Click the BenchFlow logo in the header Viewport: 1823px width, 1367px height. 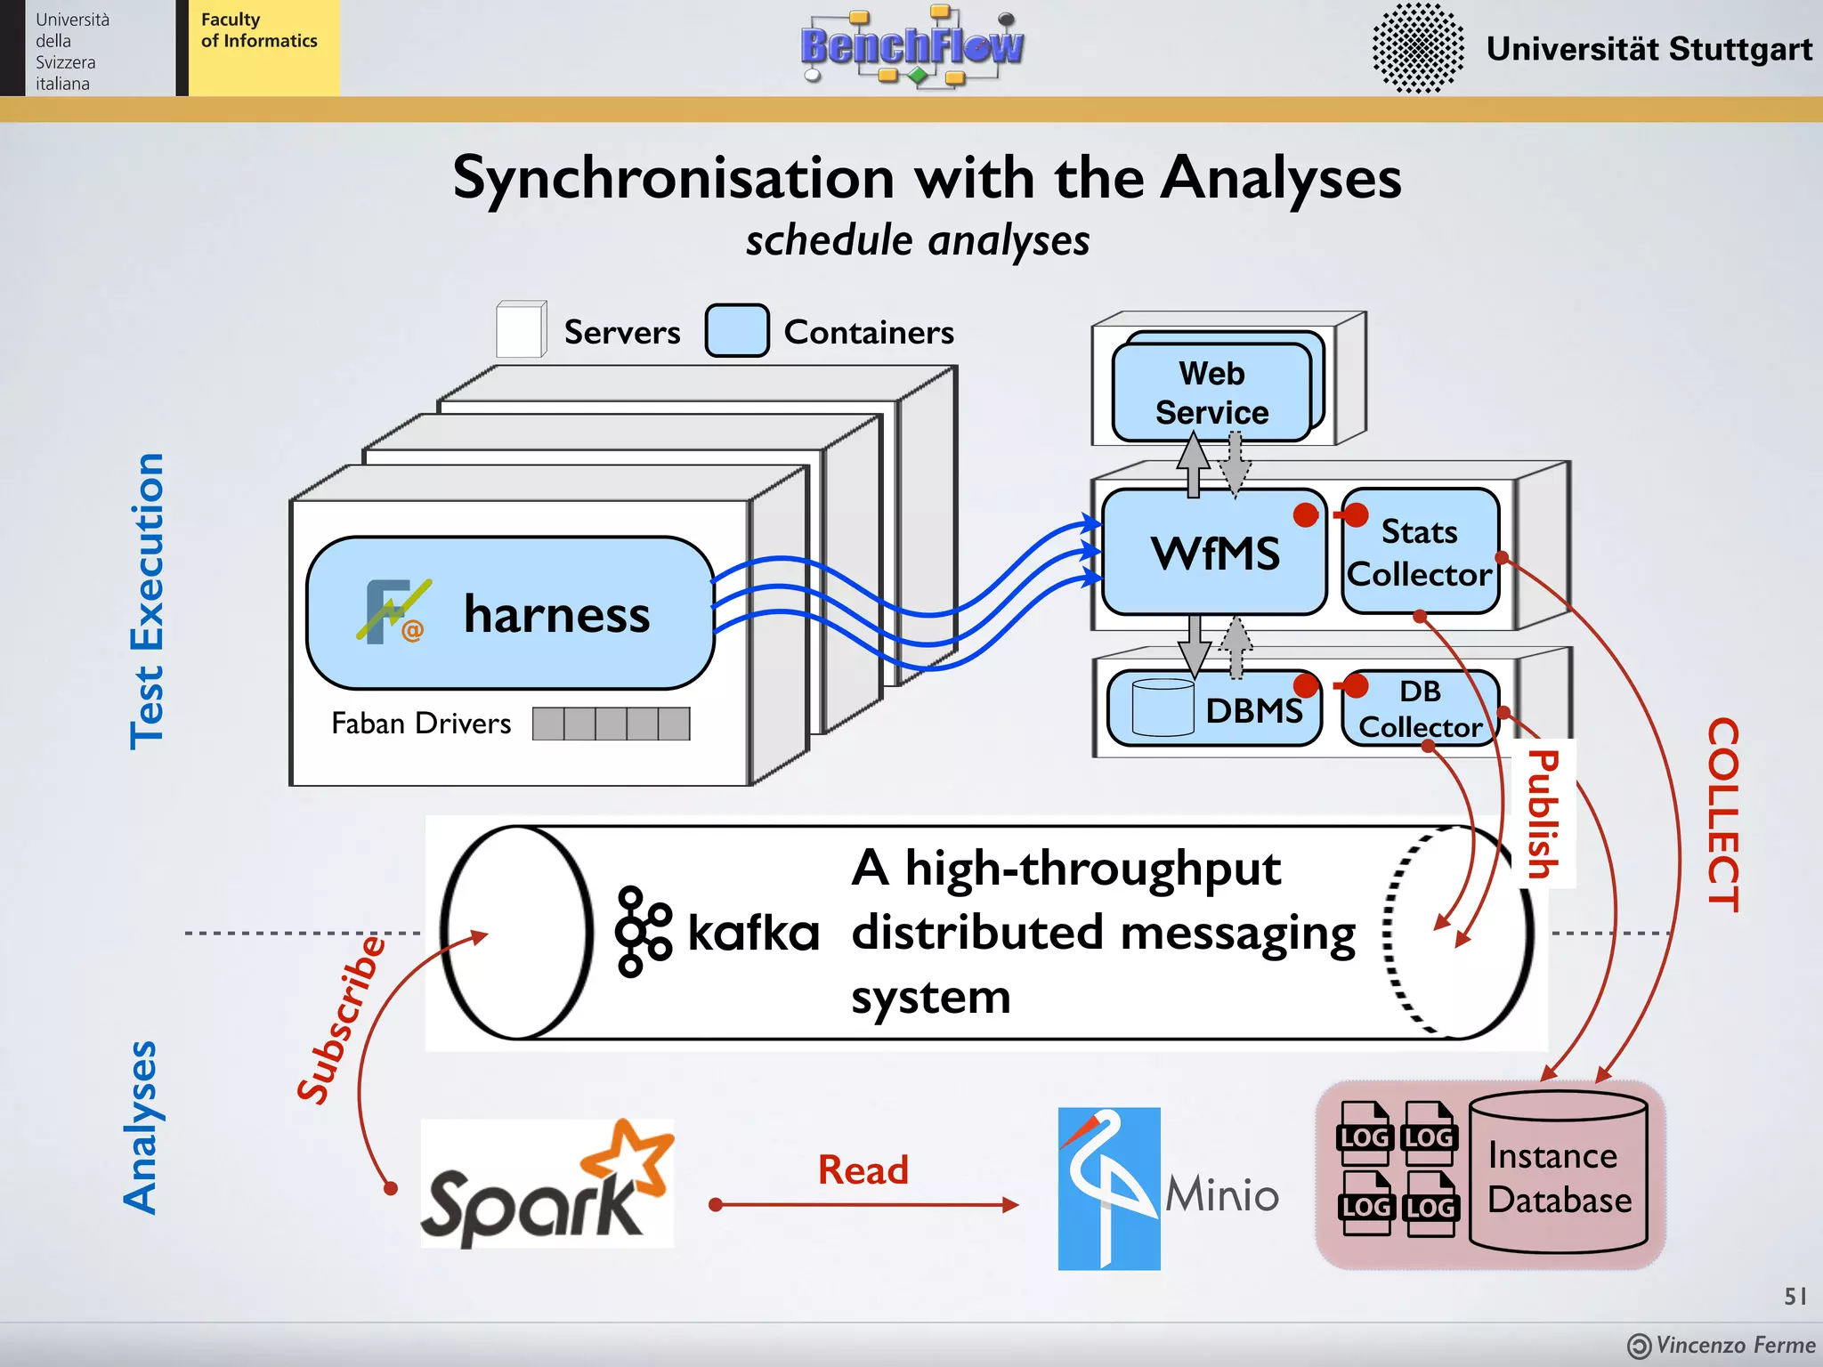click(x=911, y=46)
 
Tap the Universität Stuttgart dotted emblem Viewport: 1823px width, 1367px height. click(x=1417, y=48)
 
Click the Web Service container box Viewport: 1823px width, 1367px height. click(x=1211, y=392)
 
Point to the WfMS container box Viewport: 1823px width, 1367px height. click(x=1214, y=553)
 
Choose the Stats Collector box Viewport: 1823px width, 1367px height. click(x=1420, y=552)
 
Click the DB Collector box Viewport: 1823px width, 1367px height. click(x=1420, y=708)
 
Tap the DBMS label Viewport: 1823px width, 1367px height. click(x=1253, y=710)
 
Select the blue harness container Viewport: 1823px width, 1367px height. click(x=510, y=613)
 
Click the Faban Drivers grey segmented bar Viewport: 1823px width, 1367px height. click(x=611, y=724)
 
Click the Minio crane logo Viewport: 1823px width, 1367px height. click(x=1108, y=1188)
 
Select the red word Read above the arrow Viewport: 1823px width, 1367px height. click(x=863, y=1169)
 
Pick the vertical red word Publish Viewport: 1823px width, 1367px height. click(x=1543, y=813)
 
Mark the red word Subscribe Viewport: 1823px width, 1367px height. click(x=342, y=1020)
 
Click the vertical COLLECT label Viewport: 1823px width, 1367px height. click(x=1722, y=814)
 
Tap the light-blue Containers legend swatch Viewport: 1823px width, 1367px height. click(x=736, y=331)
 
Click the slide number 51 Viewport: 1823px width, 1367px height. click(x=1795, y=1296)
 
